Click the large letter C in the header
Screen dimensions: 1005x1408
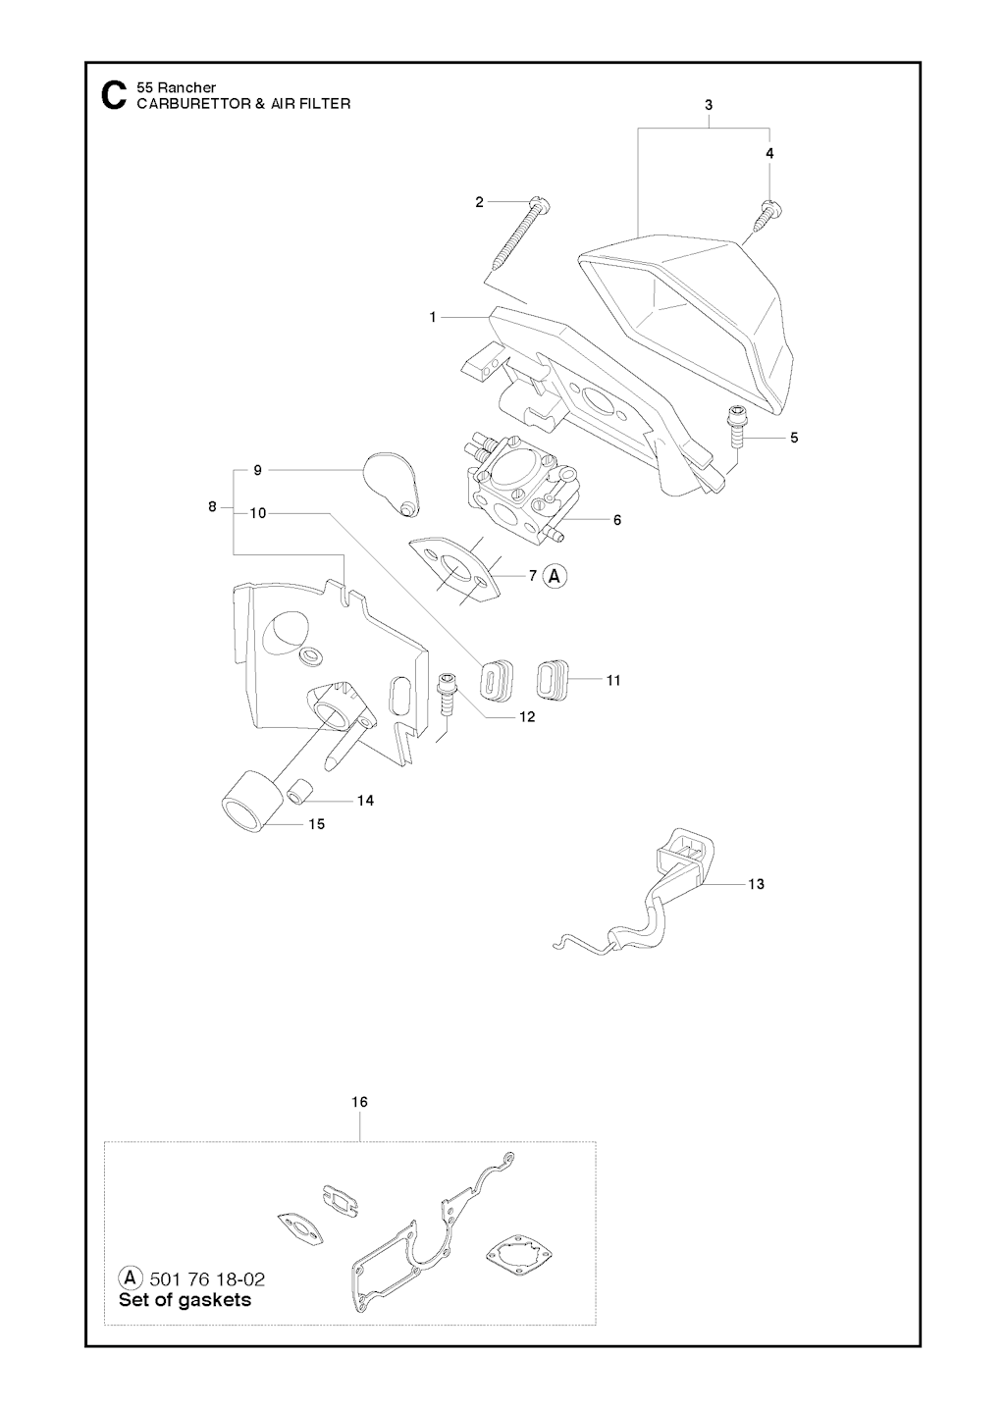click(x=113, y=96)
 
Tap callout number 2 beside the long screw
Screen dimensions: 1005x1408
click(x=479, y=202)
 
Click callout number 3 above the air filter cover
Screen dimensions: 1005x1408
click(x=709, y=105)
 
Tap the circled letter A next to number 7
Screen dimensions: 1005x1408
click(x=555, y=576)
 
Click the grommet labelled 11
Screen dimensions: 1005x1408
click(x=552, y=679)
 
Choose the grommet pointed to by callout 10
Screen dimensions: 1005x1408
click(x=498, y=680)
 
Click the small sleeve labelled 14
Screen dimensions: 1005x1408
click(x=300, y=791)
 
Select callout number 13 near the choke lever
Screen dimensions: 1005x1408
click(x=756, y=884)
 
